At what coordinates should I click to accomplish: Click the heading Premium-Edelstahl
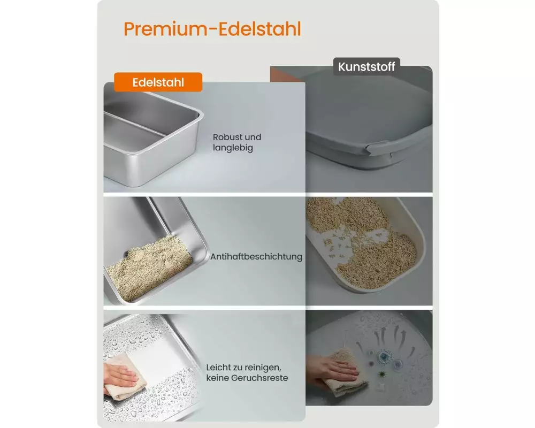coord(212,29)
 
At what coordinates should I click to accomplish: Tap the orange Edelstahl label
coord(158,82)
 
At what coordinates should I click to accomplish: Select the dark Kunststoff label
coord(366,66)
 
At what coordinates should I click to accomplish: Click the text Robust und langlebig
coord(237,142)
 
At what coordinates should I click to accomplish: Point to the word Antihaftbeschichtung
coord(256,257)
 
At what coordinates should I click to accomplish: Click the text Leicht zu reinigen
coord(243,368)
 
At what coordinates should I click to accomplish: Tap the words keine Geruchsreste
coord(247,378)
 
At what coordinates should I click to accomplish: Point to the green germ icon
coord(382,374)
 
